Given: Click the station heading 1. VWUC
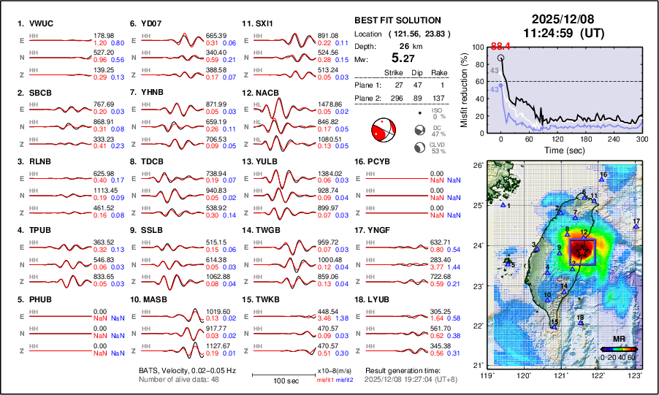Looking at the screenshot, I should point(36,23).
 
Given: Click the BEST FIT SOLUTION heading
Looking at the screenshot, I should point(397,20).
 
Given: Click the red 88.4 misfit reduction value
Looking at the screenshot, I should point(500,46).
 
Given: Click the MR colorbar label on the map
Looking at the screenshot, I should point(618,340).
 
